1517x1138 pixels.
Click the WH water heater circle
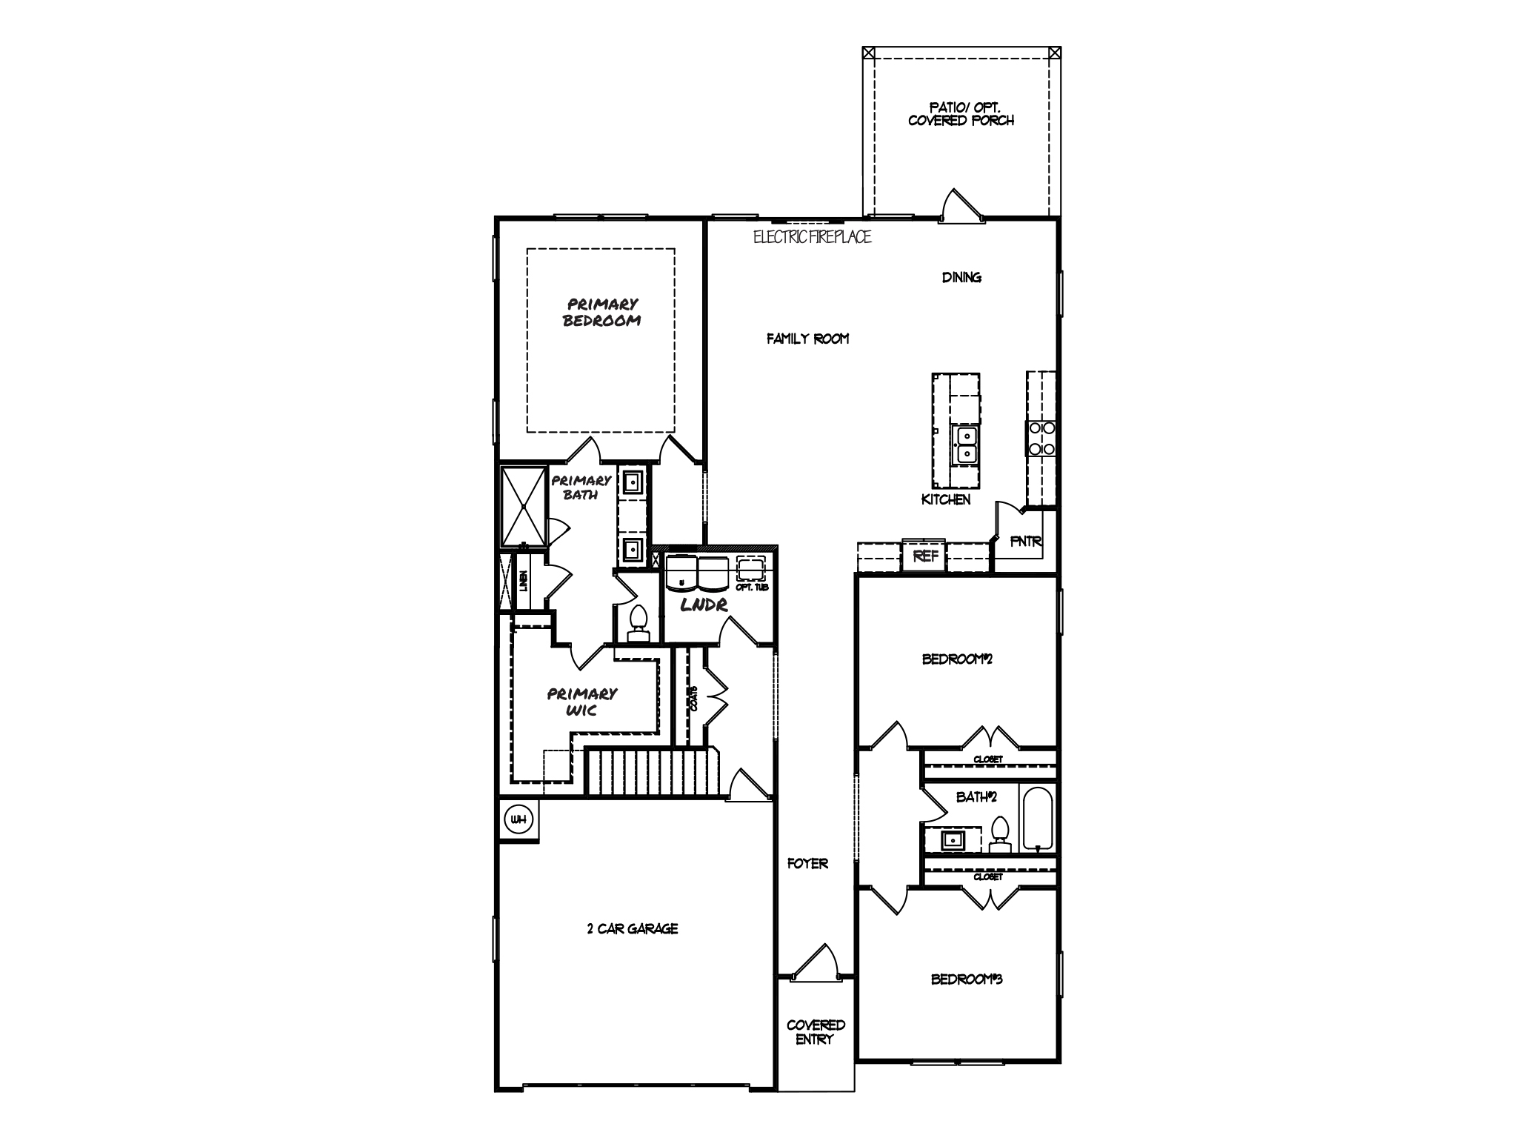pos(519,819)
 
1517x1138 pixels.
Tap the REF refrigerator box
pos(924,556)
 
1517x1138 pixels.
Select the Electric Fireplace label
pos(813,237)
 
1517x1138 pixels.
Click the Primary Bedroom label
pos(601,313)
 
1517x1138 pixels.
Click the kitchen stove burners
pos(1041,438)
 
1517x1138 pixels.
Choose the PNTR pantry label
pos(1027,542)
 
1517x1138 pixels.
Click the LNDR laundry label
pos(704,605)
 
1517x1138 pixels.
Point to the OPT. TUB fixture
pos(752,571)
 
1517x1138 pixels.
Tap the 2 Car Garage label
pos(633,928)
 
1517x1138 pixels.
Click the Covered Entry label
pos(816,1032)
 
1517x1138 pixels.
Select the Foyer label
pos(807,863)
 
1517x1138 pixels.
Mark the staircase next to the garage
pos(653,772)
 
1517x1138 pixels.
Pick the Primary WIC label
pos(582,702)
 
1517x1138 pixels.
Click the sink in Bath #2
pos(952,840)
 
